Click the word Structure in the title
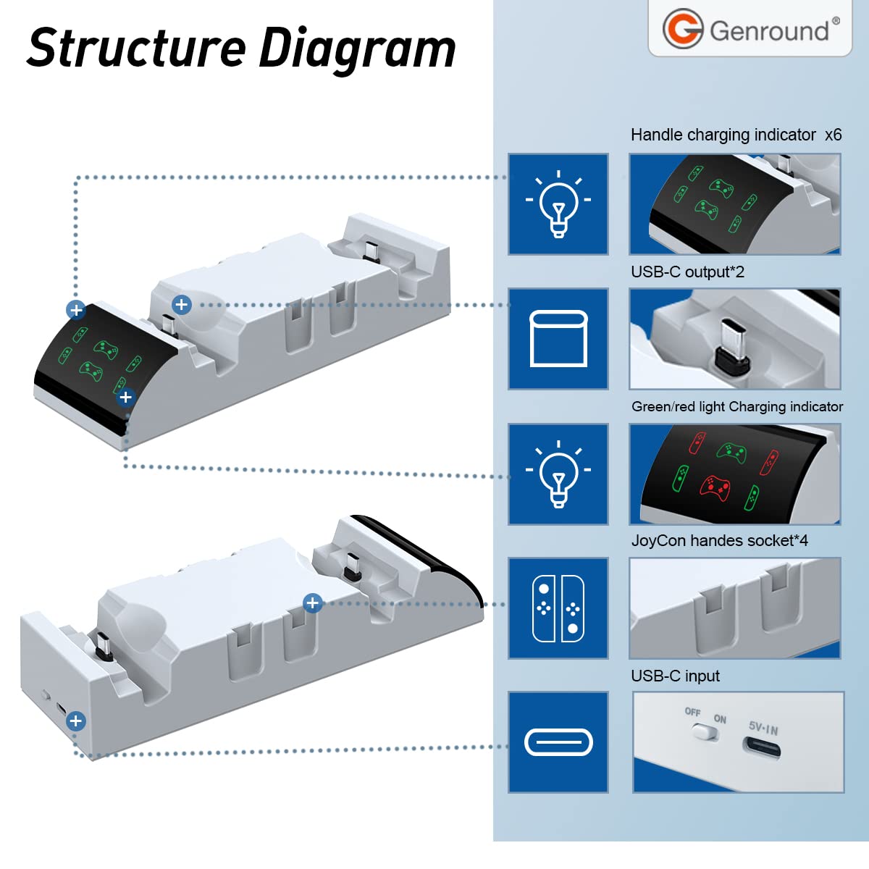[x=136, y=47]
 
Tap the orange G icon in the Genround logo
[x=683, y=28]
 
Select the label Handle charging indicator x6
[x=736, y=135]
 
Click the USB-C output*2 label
[x=687, y=272]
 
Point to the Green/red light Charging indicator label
[x=737, y=406]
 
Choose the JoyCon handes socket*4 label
[x=719, y=540]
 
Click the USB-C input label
[x=675, y=676]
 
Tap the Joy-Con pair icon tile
[x=558, y=608]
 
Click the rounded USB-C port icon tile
[x=558, y=742]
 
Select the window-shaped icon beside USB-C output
[x=558, y=339]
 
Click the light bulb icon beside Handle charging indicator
[x=558, y=203]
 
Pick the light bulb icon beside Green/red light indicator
[x=558, y=474]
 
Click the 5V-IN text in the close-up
[x=763, y=728]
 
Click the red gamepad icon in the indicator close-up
[x=715, y=488]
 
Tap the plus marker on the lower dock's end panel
[x=76, y=721]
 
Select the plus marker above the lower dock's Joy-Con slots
[x=313, y=603]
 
